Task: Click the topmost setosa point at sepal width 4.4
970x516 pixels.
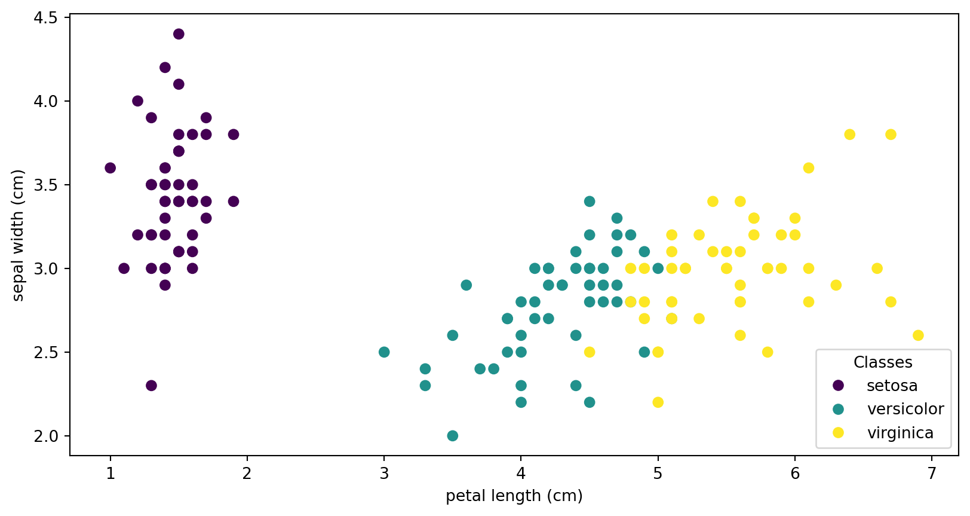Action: pyautogui.click(x=179, y=34)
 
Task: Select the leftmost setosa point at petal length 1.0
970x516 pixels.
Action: pyautogui.click(x=110, y=168)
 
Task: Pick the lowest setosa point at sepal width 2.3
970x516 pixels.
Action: pyautogui.click(x=151, y=386)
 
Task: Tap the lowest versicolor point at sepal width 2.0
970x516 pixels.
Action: pyautogui.click(x=453, y=436)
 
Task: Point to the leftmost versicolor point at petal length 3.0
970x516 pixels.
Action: pyautogui.click(x=384, y=352)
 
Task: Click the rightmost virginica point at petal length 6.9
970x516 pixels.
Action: pyautogui.click(x=918, y=335)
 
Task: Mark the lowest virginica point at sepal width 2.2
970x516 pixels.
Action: pyautogui.click(x=658, y=402)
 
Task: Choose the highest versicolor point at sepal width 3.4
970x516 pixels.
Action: pyautogui.click(x=590, y=201)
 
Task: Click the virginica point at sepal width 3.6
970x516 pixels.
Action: pyautogui.click(x=809, y=168)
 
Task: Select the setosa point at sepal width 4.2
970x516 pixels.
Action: pyautogui.click(x=165, y=68)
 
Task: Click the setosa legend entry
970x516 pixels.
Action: pyautogui.click(x=892, y=386)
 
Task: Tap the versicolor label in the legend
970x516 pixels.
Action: pyautogui.click(x=905, y=409)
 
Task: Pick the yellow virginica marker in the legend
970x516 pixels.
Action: pyautogui.click(x=839, y=432)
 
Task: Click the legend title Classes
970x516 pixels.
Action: pyautogui.click(x=883, y=362)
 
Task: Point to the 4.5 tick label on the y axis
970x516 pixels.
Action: pyautogui.click(x=46, y=18)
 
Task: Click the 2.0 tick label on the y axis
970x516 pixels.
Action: pyautogui.click(x=46, y=436)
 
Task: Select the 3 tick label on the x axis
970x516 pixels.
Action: pyautogui.click(x=384, y=474)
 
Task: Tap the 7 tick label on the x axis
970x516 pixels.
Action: pyautogui.click(x=932, y=474)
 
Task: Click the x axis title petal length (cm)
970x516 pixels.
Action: pyautogui.click(x=514, y=496)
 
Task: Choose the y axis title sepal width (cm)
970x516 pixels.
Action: pyautogui.click(x=19, y=235)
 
